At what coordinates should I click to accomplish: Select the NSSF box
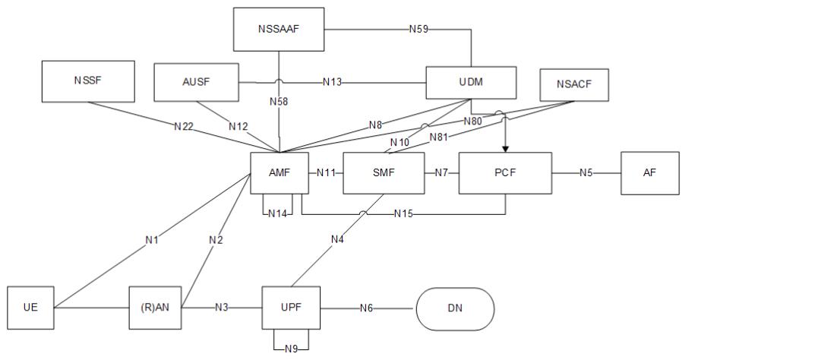point(87,81)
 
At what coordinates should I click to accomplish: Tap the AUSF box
point(196,82)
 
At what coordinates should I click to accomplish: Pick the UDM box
point(471,82)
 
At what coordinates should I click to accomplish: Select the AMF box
point(280,173)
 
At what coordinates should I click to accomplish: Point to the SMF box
point(384,173)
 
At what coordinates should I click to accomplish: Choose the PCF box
point(505,173)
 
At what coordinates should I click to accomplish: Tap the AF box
point(649,173)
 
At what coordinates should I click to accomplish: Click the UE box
point(31,308)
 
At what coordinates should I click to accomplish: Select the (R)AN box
point(154,308)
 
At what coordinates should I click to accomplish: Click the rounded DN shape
point(455,308)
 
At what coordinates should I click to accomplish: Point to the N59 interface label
point(419,30)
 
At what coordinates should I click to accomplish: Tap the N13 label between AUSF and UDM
point(331,82)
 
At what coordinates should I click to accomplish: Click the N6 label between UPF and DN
point(367,308)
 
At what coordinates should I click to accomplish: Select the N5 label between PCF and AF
point(586,173)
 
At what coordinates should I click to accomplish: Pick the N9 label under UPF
point(292,349)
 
